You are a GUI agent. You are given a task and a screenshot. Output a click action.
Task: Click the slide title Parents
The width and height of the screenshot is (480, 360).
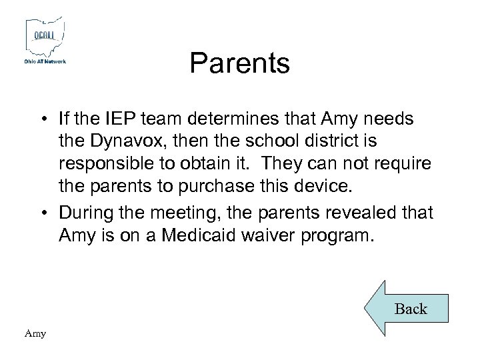tap(239, 63)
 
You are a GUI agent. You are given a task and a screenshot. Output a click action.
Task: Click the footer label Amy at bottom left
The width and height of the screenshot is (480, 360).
tap(35, 333)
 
